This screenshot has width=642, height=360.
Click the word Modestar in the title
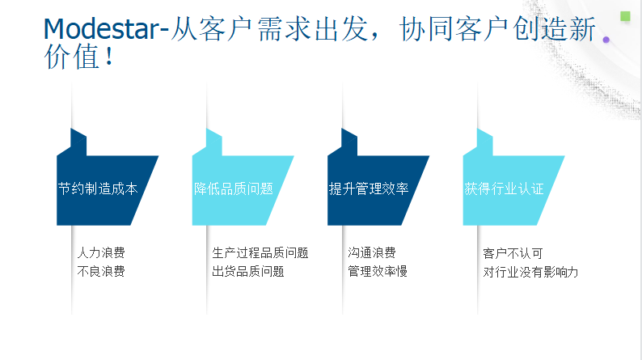coord(101,29)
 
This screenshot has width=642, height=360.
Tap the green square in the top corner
coord(625,16)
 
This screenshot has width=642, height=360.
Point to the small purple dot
coord(606,40)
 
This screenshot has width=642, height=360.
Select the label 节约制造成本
coord(98,188)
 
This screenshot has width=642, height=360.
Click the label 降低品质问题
coord(234,188)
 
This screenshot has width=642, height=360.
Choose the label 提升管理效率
coord(369,188)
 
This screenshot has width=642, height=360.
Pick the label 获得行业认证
coord(504,188)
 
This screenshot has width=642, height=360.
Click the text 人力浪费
coord(101,252)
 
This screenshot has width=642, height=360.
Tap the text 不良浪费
coord(101,271)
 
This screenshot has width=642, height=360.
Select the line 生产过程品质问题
coord(260,252)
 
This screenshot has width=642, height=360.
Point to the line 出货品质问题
coord(248,271)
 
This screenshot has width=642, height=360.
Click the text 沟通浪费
coord(372,252)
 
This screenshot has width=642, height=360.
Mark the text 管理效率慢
coord(378,271)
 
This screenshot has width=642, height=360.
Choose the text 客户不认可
coord(513,253)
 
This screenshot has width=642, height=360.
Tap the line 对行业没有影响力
coord(530,272)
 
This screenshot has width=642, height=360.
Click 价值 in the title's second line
coord(72,57)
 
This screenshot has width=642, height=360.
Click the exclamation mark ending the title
coord(109,57)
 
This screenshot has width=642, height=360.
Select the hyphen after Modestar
coord(164,31)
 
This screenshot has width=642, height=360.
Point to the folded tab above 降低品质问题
coord(214,142)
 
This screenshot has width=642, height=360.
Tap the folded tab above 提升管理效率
coord(349,142)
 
